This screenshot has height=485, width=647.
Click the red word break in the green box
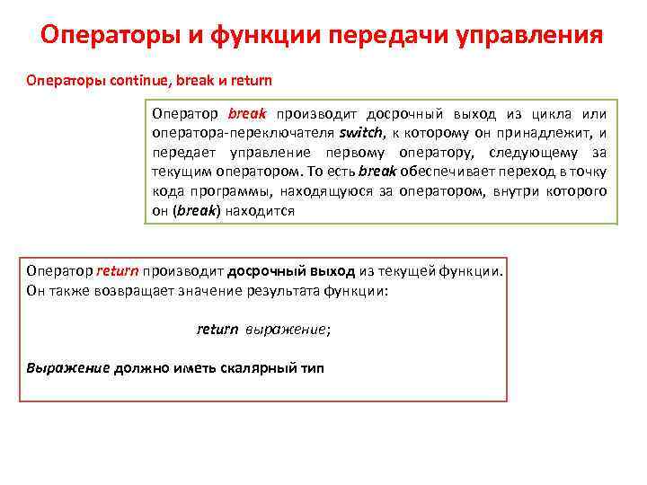[x=247, y=114]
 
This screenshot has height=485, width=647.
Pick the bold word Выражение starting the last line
[x=67, y=368]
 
